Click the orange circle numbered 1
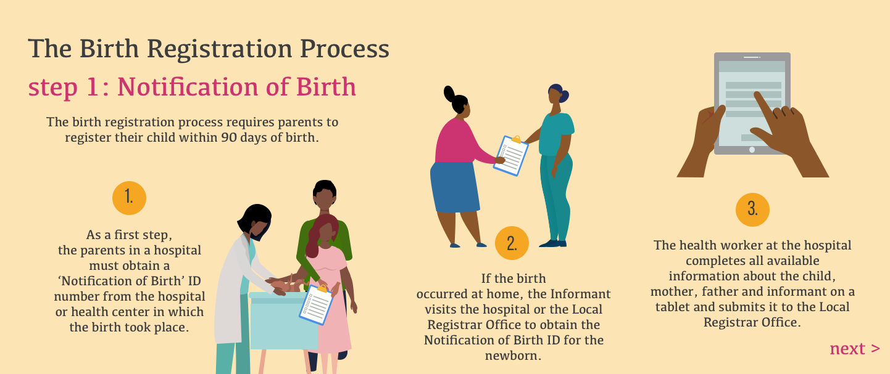(x=129, y=198)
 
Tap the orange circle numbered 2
(x=512, y=243)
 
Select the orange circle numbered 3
(x=752, y=210)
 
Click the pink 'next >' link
(x=855, y=349)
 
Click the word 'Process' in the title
(x=344, y=49)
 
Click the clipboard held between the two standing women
(x=511, y=155)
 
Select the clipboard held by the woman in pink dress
(x=316, y=304)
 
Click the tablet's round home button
(x=752, y=150)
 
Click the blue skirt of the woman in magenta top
(x=454, y=187)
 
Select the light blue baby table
(x=283, y=320)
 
